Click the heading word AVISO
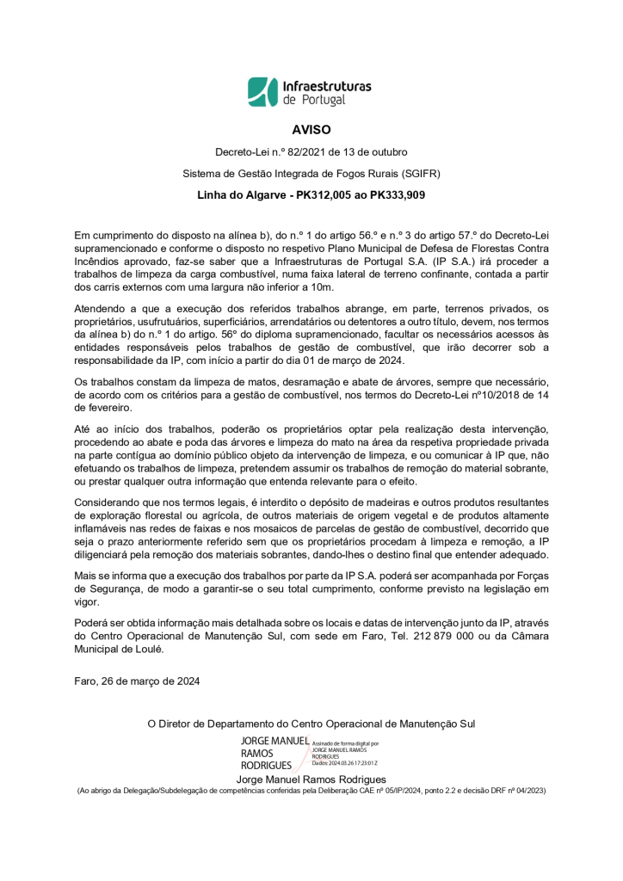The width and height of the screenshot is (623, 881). pos(311,130)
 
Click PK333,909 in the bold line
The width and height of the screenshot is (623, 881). pos(395,195)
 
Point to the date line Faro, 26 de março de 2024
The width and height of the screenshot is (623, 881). pos(138,681)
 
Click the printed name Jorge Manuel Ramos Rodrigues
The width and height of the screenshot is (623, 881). pos(311,779)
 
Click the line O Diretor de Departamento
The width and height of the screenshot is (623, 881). pos(311,724)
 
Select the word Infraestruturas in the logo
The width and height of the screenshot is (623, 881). pos(326,86)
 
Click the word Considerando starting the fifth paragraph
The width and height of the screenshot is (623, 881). pos(107,502)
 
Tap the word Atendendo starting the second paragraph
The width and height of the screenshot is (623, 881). pos(100,309)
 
